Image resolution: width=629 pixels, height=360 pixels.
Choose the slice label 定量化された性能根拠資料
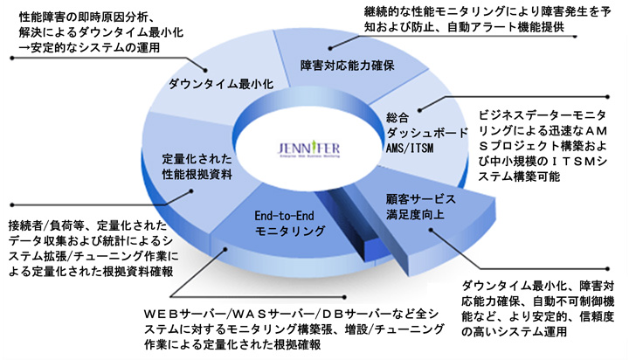[197, 168]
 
